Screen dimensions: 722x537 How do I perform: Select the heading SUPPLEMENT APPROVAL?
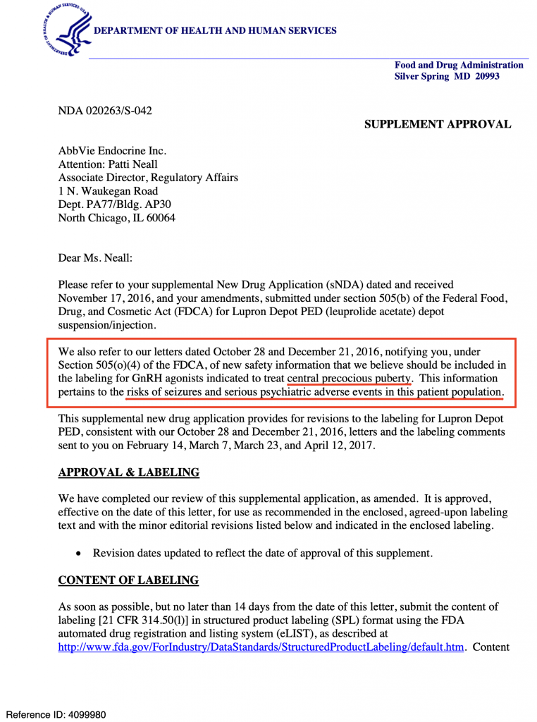437,124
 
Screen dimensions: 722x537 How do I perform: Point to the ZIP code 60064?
160,218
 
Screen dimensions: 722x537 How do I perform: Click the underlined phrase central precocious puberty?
349,378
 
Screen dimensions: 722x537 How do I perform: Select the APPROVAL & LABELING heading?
129,472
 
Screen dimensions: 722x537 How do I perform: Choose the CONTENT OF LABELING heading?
128,580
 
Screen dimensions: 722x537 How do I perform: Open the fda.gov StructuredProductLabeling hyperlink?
261,647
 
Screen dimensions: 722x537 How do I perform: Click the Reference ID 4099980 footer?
56,714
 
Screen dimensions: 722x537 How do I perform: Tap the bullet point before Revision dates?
79,553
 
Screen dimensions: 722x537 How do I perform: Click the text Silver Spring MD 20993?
447,76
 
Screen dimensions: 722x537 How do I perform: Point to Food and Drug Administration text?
459,65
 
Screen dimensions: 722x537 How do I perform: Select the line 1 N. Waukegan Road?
108,191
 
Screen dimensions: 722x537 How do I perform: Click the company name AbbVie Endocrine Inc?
112,151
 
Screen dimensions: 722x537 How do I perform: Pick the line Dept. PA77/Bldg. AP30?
114,204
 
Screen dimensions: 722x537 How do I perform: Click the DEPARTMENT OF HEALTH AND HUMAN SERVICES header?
215,30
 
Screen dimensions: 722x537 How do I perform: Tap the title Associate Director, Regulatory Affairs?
148,178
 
